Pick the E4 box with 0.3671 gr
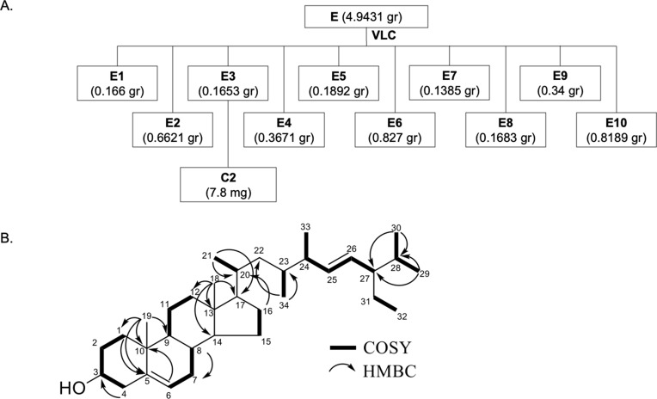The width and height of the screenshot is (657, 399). [286, 128]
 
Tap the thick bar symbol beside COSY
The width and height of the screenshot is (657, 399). [352, 347]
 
